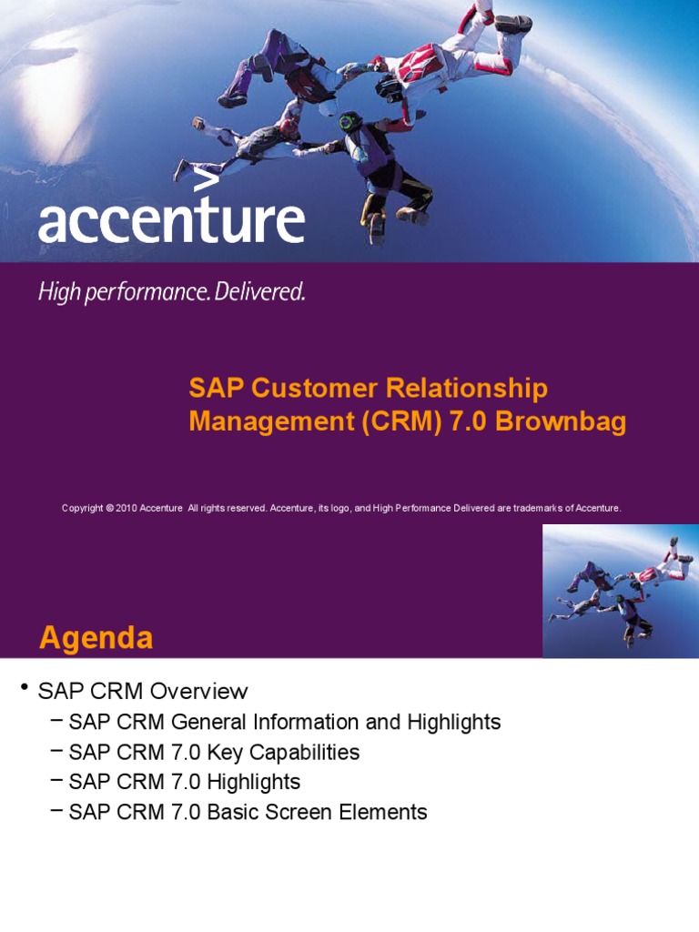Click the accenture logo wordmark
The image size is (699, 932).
[x=171, y=221]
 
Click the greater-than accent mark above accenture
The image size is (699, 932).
[x=207, y=182]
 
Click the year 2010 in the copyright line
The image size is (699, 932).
[x=126, y=508]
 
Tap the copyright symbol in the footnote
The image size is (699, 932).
[x=109, y=508]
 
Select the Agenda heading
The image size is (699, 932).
[x=96, y=638]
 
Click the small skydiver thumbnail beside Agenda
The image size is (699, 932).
[x=620, y=591]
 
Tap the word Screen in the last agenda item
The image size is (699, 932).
[x=299, y=812]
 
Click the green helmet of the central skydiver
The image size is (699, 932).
[x=350, y=121]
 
